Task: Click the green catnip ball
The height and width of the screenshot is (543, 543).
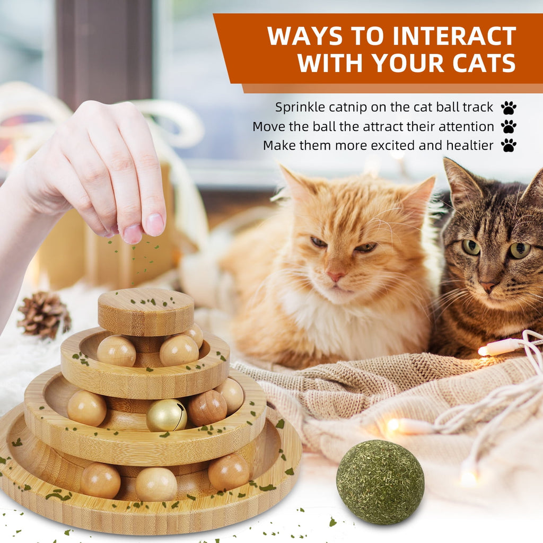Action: tap(380, 481)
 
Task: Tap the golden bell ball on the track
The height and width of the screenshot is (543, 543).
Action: tap(167, 415)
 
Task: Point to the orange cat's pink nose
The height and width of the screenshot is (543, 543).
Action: tap(335, 276)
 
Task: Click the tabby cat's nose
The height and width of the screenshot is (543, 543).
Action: tap(488, 287)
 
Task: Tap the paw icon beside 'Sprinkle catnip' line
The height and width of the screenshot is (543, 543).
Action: tap(509, 108)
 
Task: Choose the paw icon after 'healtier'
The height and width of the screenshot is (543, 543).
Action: tap(509, 145)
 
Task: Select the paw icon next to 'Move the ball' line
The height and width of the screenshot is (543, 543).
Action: tap(509, 127)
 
